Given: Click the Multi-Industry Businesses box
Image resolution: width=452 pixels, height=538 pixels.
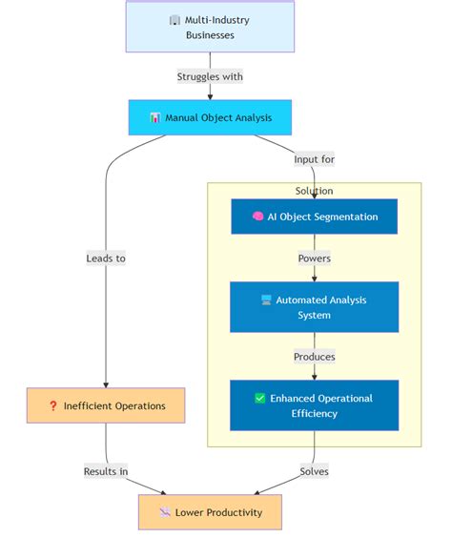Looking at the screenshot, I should point(210,27).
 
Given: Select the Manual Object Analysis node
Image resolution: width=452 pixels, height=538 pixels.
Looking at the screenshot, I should point(210,117).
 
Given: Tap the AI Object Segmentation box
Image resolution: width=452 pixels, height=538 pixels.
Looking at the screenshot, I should point(314,217).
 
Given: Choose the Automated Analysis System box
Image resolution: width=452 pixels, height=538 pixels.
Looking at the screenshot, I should point(314,307).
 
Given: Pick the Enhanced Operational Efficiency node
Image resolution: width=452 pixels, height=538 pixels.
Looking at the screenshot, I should point(314,405).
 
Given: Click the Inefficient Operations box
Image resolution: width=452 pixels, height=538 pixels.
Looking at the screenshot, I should point(106,405).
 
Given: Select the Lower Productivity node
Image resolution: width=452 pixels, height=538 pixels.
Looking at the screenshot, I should point(210,512).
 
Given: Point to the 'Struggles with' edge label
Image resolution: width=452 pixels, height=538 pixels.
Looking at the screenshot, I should point(210,76).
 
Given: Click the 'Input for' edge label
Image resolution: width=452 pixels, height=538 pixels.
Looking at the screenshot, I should point(314,159).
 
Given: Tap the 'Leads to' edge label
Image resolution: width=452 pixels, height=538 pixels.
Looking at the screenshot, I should point(106,258).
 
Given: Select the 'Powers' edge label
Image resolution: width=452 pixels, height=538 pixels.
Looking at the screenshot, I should point(314,258).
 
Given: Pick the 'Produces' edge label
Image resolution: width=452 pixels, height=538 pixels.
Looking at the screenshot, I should point(314,357).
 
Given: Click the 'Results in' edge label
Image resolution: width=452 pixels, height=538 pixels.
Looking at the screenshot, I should point(106,471).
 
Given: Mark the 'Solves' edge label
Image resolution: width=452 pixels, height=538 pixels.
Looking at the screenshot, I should point(314,471).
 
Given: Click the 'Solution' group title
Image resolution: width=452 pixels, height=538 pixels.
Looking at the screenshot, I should point(314,191).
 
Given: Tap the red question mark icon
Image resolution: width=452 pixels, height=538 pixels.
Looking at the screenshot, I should point(53,406).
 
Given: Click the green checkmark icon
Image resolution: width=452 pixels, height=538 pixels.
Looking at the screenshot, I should point(259,399).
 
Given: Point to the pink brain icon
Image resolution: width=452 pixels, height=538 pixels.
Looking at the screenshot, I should point(257,217).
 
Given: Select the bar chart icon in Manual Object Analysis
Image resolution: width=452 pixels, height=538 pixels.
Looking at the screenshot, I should point(155,118).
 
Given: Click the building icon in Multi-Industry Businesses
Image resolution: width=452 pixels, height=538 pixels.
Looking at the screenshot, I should point(175,20).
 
